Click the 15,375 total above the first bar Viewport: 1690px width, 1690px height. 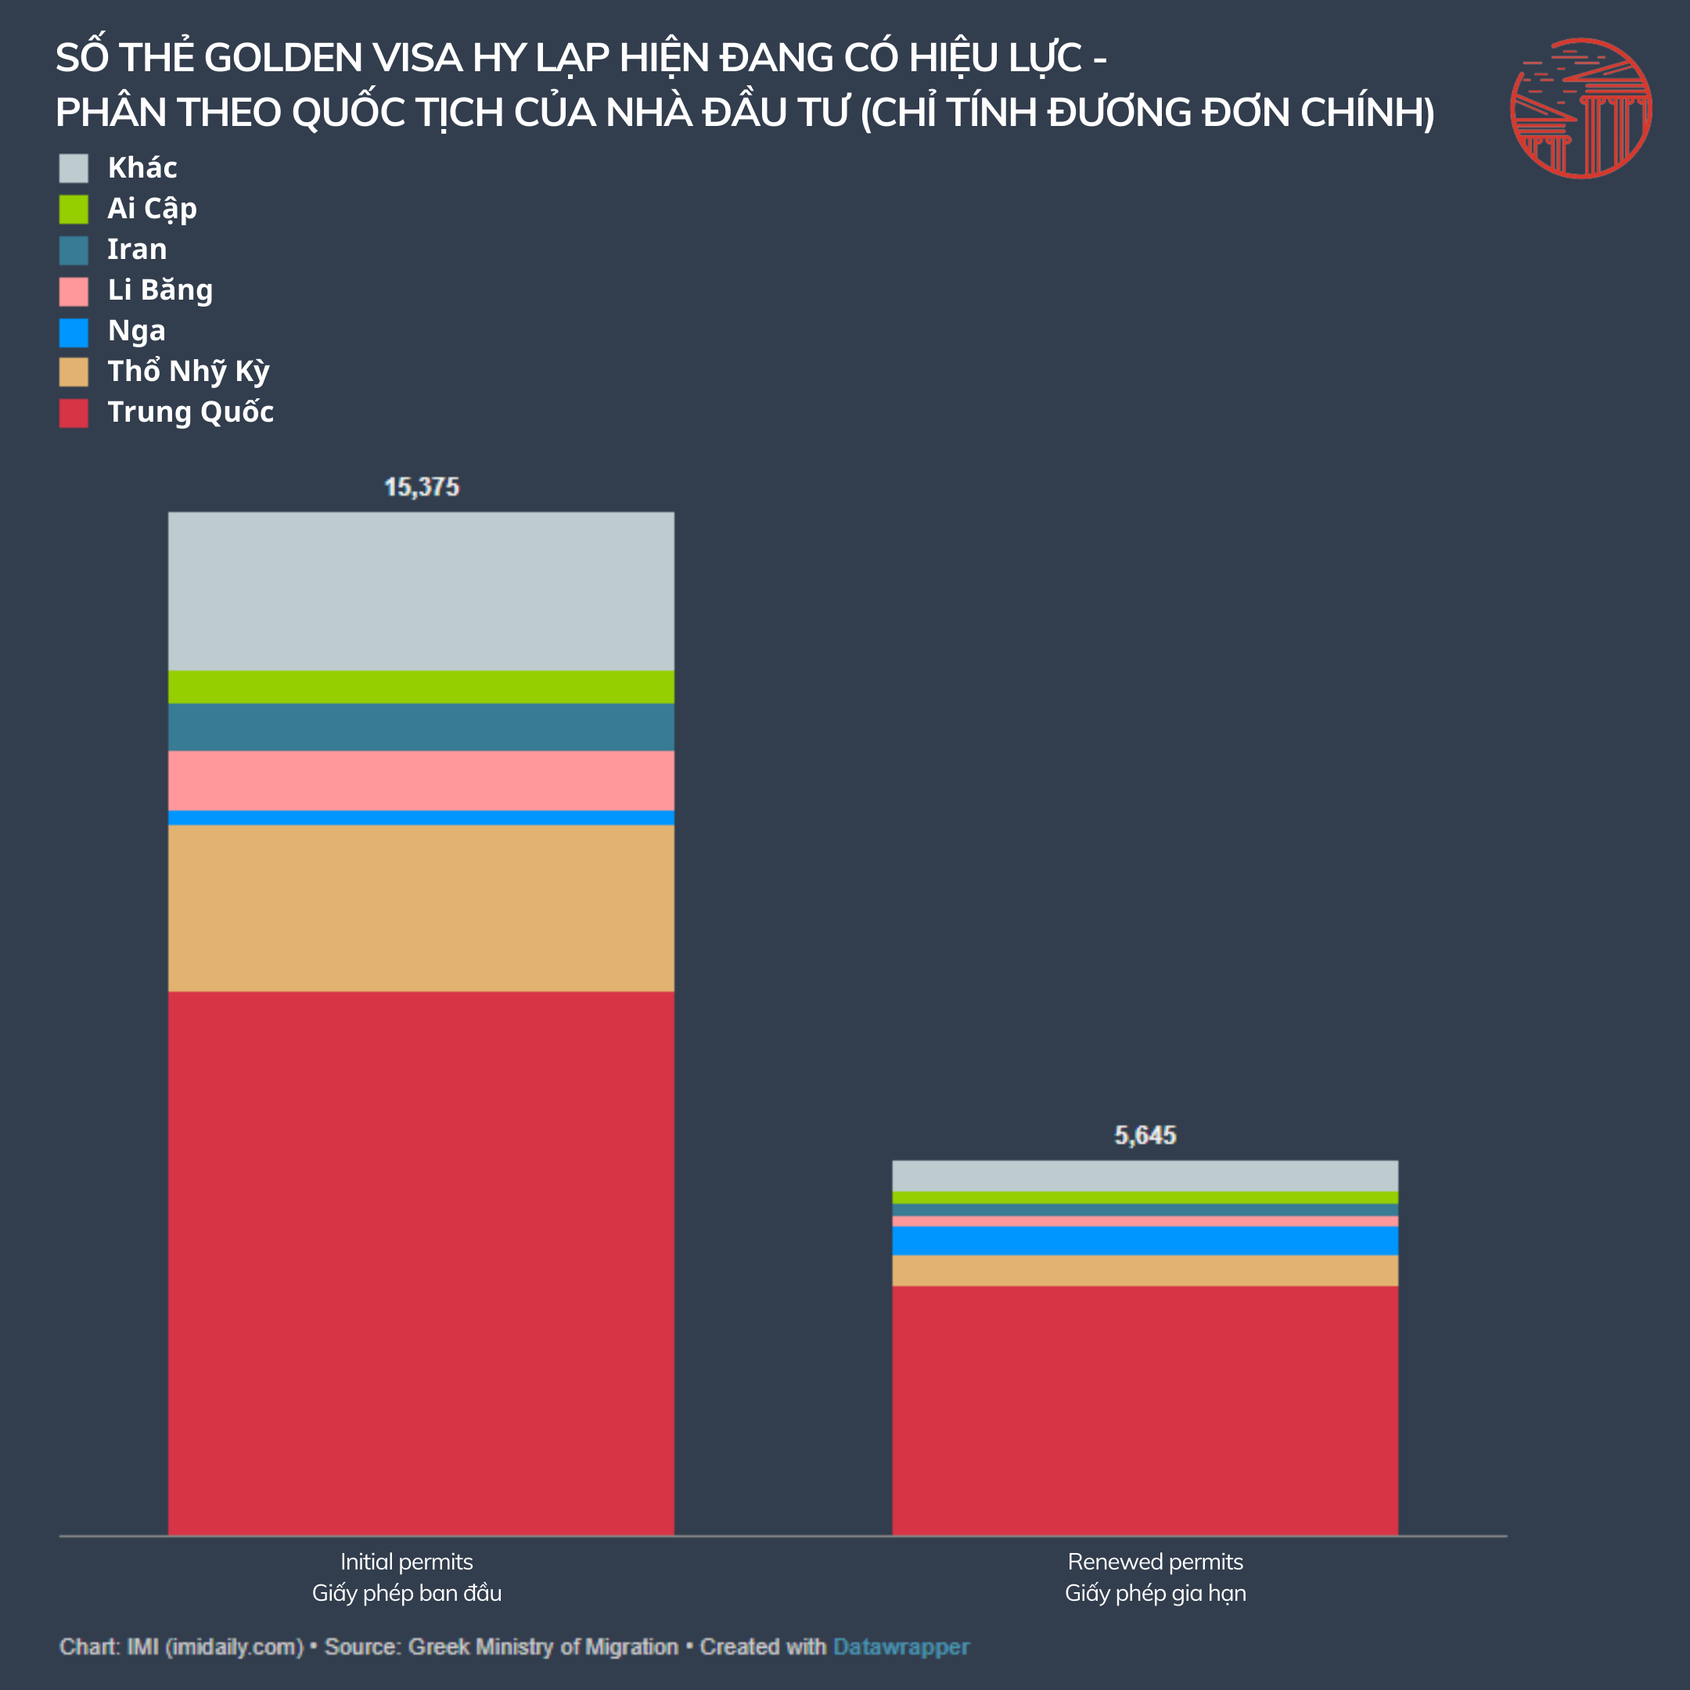[421, 487]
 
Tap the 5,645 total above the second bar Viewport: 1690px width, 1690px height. [1145, 1135]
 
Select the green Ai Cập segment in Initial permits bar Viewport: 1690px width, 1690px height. [421, 687]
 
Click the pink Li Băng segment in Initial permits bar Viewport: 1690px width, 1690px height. [421, 780]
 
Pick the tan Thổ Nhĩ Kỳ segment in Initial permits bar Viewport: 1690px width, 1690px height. [421, 908]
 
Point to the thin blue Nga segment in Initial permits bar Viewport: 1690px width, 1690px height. [421, 818]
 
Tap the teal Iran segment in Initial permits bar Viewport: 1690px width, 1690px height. [421, 727]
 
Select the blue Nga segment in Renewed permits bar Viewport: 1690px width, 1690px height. [1145, 1240]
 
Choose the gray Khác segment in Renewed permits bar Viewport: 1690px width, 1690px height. [1145, 1176]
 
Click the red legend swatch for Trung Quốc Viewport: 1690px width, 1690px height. [74, 413]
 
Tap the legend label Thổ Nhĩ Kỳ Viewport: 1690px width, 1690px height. [188, 372]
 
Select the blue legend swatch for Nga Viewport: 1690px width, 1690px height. [74, 332]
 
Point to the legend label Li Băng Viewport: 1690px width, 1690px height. [160, 289]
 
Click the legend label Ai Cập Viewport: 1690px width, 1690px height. [153, 208]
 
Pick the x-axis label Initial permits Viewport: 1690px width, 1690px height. [407, 1562]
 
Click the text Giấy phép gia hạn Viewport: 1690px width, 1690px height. [1155, 1593]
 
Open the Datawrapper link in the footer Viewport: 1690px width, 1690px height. [901, 1647]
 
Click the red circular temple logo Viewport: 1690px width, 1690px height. [1580, 109]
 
